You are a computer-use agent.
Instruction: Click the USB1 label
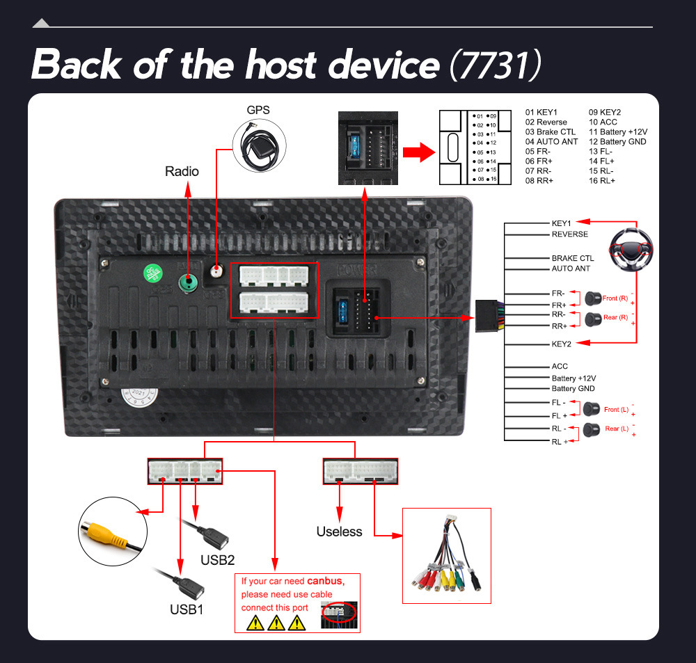pyautogui.click(x=187, y=609)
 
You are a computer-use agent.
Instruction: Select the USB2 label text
pyautogui.click(x=217, y=559)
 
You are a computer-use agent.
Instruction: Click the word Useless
pyautogui.click(x=339, y=532)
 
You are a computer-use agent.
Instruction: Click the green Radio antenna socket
pyautogui.click(x=187, y=282)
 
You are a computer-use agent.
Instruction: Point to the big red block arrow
pyautogui.click(x=420, y=152)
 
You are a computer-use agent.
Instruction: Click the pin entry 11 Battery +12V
pyautogui.click(x=618, y=131)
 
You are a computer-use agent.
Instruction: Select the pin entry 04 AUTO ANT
pyautogui.click(x=551, y=141)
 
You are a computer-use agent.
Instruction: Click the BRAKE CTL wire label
pyautogui.click(x=573, y=258)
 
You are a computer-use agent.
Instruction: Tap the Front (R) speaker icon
pyautogui.click(x=593, y=298)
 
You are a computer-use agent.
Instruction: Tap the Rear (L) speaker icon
pyautogui.click(x=592, y=429)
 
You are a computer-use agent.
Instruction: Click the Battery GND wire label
pyautogui.click(x=573, y=388)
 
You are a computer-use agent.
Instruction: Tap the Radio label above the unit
pyautogui.click(x=182, y=171)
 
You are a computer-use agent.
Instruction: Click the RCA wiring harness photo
pyautogui.click(x=447, y=555)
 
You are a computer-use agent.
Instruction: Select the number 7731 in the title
pyautogui.click(x=495, y=64)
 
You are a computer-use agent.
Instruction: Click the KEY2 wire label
pyautogui.click(x=561, y=344)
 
